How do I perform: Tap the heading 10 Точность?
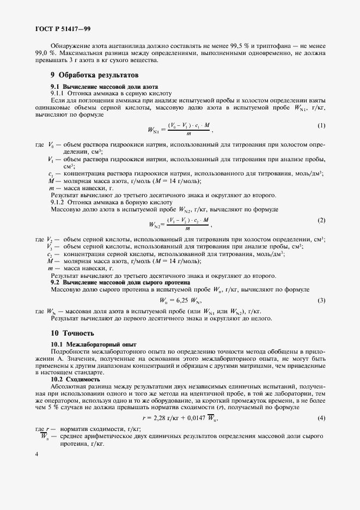[72, 333]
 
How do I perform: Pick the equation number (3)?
[321, 300]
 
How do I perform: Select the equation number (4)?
[321, 418]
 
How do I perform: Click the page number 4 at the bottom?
[36, 454]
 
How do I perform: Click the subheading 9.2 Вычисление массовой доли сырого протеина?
[120, 283]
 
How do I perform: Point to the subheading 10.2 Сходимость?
[75, 379]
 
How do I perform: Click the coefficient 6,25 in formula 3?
[178, 301]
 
